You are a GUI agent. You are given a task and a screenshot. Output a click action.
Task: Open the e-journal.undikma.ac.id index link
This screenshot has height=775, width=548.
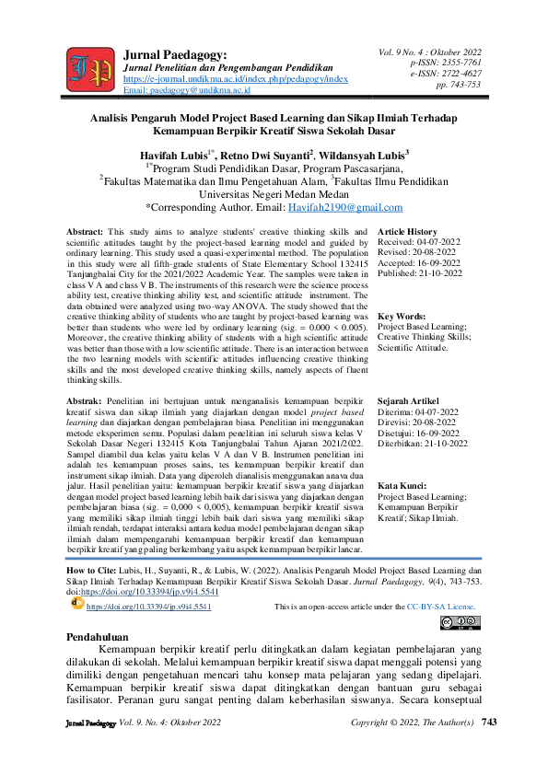point(235,80)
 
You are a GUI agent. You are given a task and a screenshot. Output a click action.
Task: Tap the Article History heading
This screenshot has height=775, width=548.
point(408,231)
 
